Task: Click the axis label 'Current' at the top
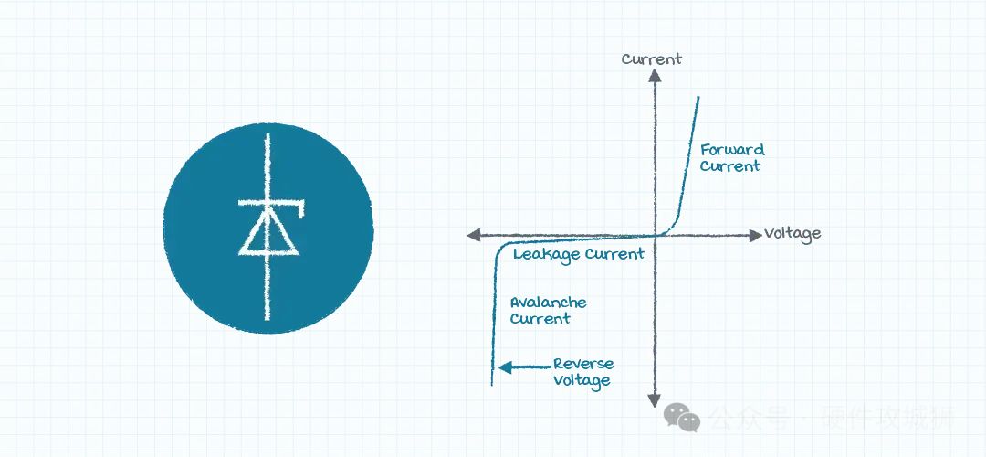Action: pyautogui.click(x=651, y=59)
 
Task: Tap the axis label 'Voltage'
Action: pyautogui.click(x=792, y=234)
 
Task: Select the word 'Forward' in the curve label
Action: pyautogui.click(x=732, y=150)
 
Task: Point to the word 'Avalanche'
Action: pyautogui.click(x=548, y=303)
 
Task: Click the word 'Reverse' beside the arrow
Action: pyautogui.click(x=583, y=365)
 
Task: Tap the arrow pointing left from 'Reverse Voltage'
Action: pyautogui.click(x=521, y=367)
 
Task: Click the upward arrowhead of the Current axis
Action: pyautogui.click(x=655, y=76)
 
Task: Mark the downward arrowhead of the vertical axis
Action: pyautogui.click(x=655, y=400)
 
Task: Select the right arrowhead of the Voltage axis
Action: pyautogui.click(x=754, y=235)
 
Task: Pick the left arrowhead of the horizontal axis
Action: pyautogui.click(x=473, y=235)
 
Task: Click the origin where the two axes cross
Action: pyautogui.click(x=655, y=235)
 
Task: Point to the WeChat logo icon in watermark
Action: pyautogui.click(x=682, y=418)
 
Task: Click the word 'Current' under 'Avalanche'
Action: pyautogui.click(x=540, y=319)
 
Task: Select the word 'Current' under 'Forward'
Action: pyautogui.click(x=729, y=166)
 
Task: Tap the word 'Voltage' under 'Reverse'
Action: pyautogui.click(x=582, y=380)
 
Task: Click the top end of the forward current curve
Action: pyautogui.click(x=699, y=98)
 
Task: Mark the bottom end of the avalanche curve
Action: pyautogui.click(x=492, y=383)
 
